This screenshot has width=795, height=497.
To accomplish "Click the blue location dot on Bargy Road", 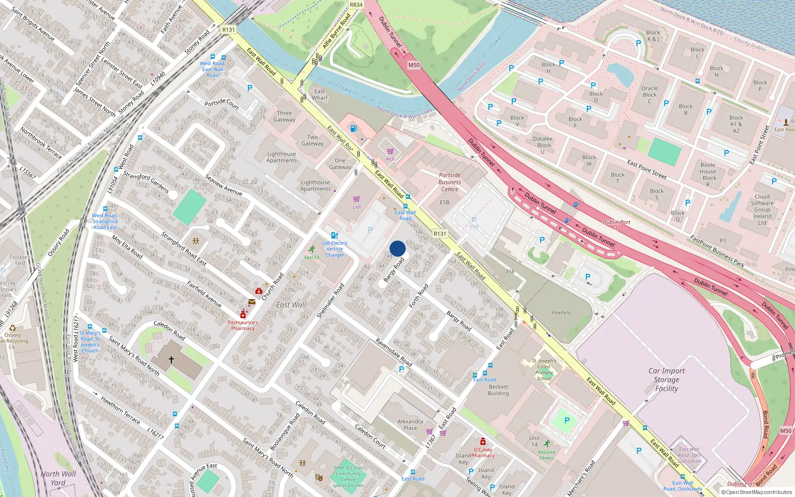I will coord(397,248).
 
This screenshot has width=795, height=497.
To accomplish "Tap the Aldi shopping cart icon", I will coord(391,151).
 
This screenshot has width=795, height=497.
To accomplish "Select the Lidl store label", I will coord(357,207).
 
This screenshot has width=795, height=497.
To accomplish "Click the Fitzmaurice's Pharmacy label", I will coord(243,325).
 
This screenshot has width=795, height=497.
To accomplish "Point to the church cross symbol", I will coord(171,359).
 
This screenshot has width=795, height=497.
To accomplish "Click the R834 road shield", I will coord(356,5).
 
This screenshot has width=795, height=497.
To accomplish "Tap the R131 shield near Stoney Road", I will coord(229,30).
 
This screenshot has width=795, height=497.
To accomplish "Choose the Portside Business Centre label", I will coord(450,182).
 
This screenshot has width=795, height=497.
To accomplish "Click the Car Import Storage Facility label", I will coord(666,380).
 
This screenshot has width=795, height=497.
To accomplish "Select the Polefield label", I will coord(561,313).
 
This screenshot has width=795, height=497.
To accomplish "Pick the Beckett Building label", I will coord(498,390).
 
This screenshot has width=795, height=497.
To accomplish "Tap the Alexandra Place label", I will coord(410,424).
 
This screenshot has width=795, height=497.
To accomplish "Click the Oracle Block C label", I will coord(649,94).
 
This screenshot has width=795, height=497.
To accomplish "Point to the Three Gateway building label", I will coord(284,116).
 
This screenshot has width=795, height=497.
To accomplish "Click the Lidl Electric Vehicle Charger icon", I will coord(334,235).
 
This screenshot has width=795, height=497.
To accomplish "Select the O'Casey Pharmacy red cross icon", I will coord(482,441).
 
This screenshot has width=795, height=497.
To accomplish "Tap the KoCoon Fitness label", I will coord(547,455).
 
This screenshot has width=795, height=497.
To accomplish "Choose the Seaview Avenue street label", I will coord(224,185).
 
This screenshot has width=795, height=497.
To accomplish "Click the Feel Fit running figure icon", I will coord(312,249).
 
